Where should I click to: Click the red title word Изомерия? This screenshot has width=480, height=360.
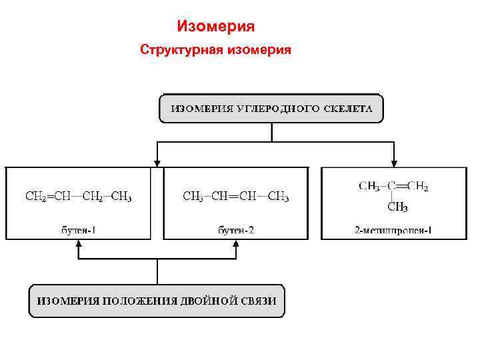216,27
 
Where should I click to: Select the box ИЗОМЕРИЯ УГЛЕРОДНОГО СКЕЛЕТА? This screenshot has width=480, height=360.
271,109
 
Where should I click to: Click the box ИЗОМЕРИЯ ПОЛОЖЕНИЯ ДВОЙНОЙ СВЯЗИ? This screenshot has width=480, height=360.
157,301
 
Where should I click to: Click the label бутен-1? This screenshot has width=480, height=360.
79,231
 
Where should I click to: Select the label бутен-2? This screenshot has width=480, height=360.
236,231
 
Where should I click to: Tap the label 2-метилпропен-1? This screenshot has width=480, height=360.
393,231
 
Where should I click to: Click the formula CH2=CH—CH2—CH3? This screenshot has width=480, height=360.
79,197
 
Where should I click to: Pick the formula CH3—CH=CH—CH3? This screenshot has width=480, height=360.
236,197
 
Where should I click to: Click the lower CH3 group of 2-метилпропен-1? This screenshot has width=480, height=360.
397,207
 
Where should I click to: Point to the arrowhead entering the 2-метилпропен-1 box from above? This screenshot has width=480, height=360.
394,161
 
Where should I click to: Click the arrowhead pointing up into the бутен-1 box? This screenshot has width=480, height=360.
79,245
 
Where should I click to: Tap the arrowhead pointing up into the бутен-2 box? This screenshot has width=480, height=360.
236,245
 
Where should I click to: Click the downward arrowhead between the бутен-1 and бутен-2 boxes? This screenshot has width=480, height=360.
157,161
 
